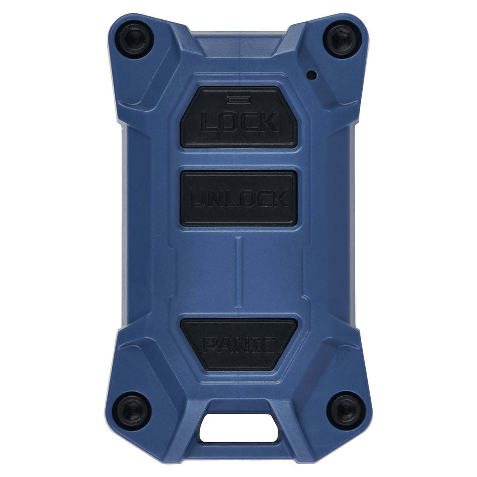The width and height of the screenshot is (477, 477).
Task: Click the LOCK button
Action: click(x=238, y=117)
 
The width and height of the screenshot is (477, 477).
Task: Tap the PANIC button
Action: click(x=238, y=344)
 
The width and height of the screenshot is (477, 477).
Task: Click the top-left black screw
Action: click(x=134, y=39)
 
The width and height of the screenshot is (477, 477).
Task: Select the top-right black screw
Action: click(x=342, y=39)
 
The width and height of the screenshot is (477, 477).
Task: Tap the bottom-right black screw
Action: click(x=346, y=410)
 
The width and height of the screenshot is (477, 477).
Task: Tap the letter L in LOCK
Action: click(x=210, y=122)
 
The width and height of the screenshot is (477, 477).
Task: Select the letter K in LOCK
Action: click(x=269, y=122)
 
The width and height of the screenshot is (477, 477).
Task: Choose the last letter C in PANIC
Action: click(x=270, y=345)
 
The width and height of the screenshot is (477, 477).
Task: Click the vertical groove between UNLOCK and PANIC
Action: click(x=238, y=272)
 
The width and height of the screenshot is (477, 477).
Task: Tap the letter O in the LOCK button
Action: click(x=229, y=122)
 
